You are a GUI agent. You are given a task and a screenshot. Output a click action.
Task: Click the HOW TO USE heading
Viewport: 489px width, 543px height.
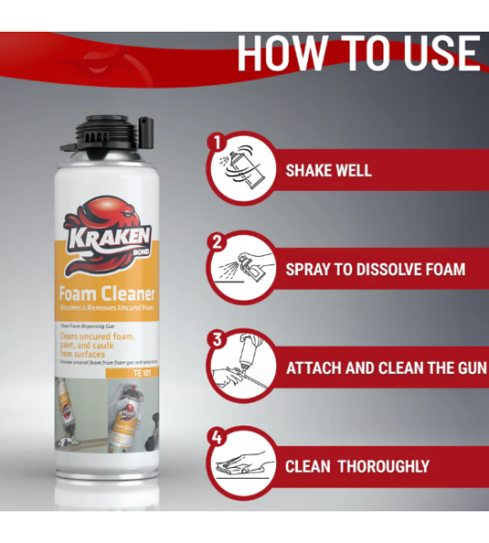[359, 54]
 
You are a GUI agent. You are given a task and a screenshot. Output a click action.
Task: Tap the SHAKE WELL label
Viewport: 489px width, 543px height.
[329, 170]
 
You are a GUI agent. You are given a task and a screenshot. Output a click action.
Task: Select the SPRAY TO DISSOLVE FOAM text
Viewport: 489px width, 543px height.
[376, 269]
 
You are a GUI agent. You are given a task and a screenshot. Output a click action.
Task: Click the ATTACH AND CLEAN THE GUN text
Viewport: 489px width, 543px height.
[386, 368]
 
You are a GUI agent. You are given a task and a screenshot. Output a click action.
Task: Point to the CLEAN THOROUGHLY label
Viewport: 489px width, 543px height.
[357, 467]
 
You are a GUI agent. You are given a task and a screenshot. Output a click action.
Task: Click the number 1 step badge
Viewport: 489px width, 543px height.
[216, 142]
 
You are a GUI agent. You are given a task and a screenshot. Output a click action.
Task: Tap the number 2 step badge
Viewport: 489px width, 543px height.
[216, 242]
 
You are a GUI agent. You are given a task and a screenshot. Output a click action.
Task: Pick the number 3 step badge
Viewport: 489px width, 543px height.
[216, 340]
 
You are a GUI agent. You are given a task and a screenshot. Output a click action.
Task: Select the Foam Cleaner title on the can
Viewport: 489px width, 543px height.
[107, 293]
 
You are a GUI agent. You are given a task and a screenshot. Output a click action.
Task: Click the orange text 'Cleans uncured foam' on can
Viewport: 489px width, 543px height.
[99, 338]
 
